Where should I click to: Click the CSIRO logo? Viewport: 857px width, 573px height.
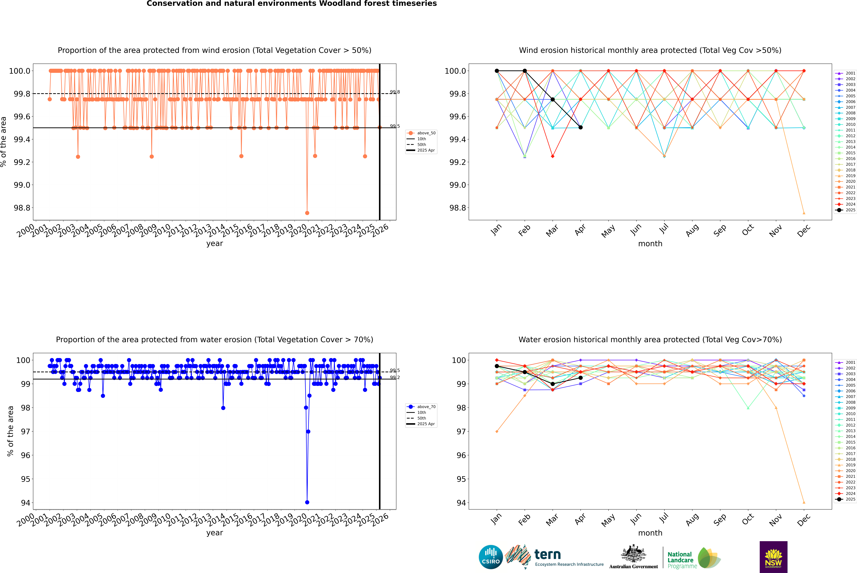[491, 557]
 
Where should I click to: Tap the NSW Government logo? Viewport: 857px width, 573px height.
[773, 557]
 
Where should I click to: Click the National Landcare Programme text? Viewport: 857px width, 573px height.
[680, 560]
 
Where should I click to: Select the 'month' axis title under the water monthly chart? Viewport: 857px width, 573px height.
[650, 533]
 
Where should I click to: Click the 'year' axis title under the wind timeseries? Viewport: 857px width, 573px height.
[214, 243]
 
